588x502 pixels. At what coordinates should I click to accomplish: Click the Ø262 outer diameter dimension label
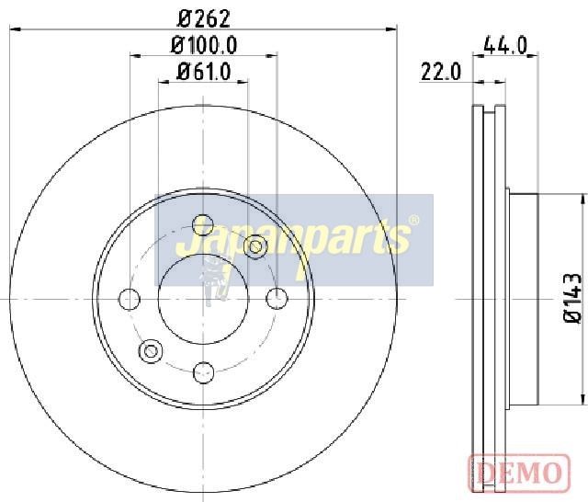[204, 18]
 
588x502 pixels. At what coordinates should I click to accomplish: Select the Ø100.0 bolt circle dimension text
[204, 45]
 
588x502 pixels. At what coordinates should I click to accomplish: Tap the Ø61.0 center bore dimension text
[204, 72]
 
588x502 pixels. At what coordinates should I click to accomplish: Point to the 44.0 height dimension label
[505, 45]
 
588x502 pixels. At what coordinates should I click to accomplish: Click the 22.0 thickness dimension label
[441, 72]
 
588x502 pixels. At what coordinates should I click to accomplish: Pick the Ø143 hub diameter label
[573, 298]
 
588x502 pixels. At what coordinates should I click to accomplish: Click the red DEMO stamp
[519, 473]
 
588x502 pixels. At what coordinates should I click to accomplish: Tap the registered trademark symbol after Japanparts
[413, 221]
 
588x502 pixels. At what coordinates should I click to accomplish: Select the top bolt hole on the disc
[203, 225]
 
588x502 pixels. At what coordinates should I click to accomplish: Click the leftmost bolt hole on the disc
[130, 300]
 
